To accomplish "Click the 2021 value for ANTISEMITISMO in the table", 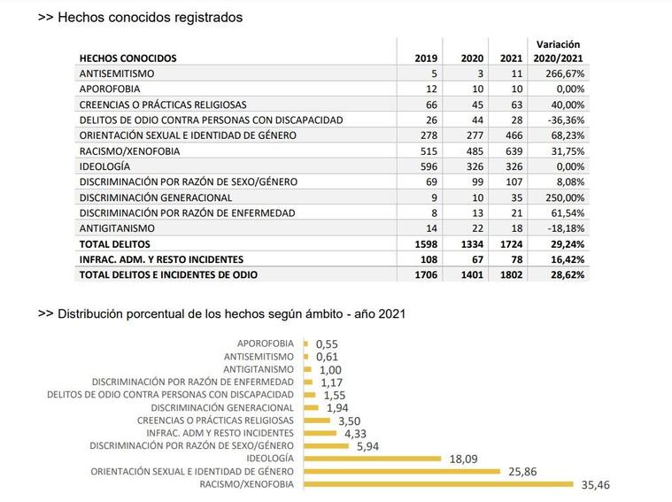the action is click(516, 73).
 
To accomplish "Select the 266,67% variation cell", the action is click(565, 73).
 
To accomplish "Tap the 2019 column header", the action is click(426, 58).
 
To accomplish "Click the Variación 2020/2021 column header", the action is click(558, 51).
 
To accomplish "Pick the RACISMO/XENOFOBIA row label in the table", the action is click(129, 151).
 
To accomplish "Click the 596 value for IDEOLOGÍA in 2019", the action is click(429, 166).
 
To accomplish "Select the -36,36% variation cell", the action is click(566, 120).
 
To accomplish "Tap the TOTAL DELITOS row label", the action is click(115, 244).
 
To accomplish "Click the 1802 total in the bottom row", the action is click(511, 274).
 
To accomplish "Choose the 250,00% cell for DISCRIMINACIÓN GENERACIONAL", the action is click(565, 197).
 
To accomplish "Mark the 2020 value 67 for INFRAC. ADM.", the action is click(477, 259).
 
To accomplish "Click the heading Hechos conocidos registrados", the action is click(150, 17).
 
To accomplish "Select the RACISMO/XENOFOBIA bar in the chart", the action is click(438, 484).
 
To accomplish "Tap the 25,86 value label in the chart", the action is click(522, 472).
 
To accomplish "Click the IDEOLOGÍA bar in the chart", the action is click(373, 459).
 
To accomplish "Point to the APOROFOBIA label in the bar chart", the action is click(266, 344).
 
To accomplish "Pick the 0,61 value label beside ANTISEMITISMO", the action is click(327, 357).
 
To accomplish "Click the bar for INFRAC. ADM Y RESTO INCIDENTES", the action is click(321, 433).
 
